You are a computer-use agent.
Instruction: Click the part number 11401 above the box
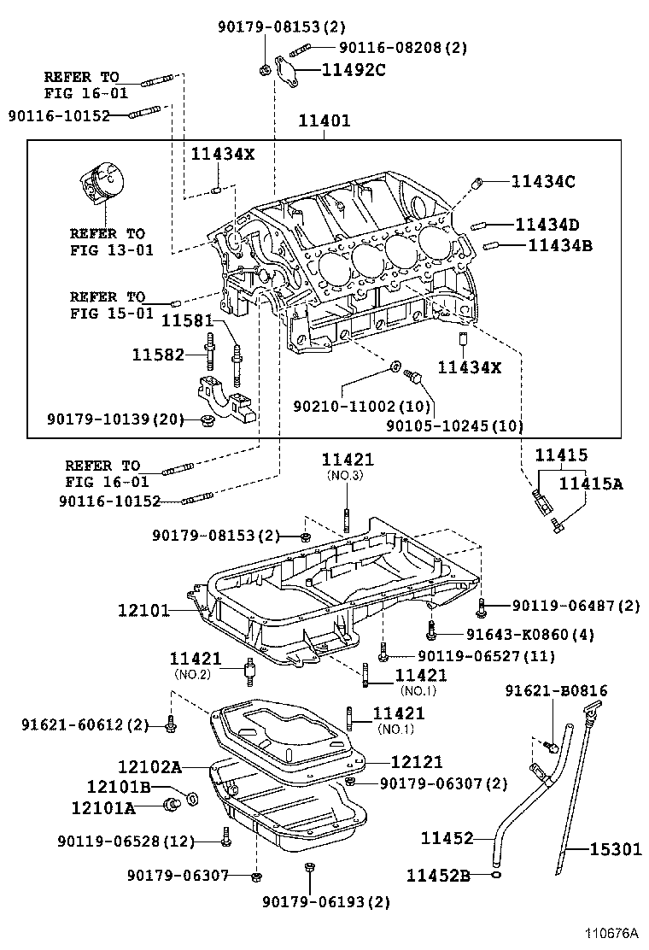pyautogui.click(x=324, y=121)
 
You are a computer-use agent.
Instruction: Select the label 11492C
pyautogui.click(x=354, y=70)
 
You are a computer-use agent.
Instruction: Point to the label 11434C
pyautogui.click(x=543, y=181)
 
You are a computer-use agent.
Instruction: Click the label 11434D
pyautogui.click(x=547, y=225)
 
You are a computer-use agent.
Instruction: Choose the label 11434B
pyautogui.click(x=559, y=245)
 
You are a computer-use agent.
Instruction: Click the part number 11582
pyautogui.click(x=158, y=354)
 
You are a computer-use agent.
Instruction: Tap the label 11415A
pyautogui.click(x=591, y=484)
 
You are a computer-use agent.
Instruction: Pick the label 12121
pyautogui.click(x=417, y=761)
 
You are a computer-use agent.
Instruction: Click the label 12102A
pyautogui.click(x=150, y=767)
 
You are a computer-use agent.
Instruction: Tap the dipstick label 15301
pyautogui.click(x=615, y=849)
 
